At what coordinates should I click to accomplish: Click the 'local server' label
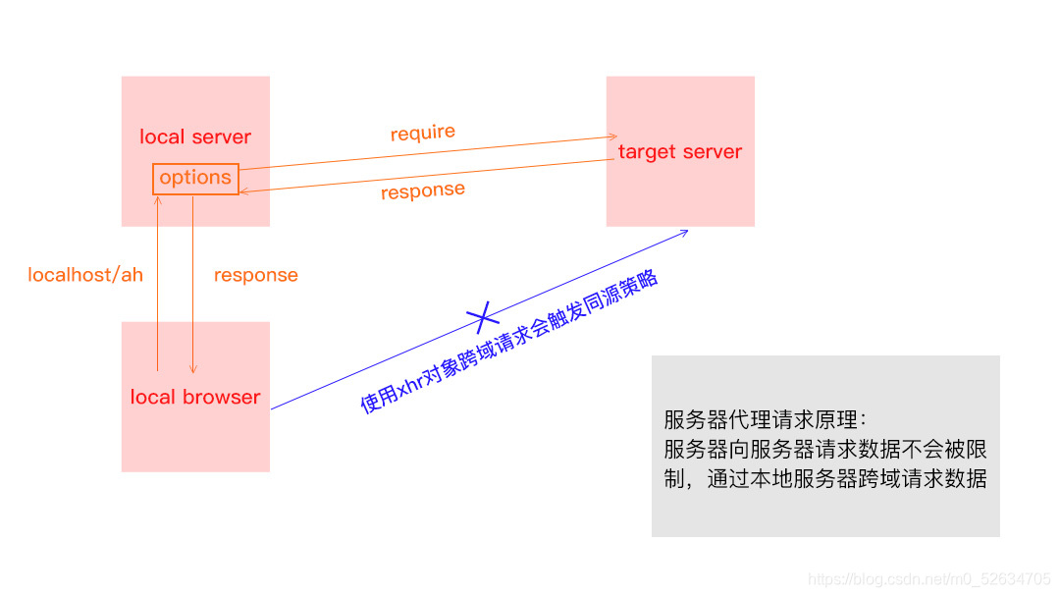click(195, 136)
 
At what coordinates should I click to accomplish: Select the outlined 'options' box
click(195, 178)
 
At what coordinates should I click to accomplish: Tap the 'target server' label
click(680, 152)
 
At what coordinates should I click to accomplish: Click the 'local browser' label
click(195, 397)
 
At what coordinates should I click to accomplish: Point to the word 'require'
click(423, 133)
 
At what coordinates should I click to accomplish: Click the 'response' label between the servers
click(423, 190)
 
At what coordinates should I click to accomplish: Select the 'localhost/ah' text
click(85, 275)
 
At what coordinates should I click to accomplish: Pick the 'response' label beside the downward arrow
click(256, 275)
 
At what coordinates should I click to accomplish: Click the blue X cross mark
click(482, 316)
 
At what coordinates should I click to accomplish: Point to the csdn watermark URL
click(929, 579)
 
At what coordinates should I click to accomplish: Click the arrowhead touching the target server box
click(612, 137)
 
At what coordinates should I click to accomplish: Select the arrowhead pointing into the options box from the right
click(244, 191)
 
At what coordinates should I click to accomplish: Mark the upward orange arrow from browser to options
click(158, 285)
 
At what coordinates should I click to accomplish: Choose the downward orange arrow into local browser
click(192, 285)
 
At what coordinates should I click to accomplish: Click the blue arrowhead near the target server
click(684, 232)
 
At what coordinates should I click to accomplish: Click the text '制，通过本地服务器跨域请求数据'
click(824, 479)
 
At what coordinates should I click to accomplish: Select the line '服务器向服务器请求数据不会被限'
click(824, 450)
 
